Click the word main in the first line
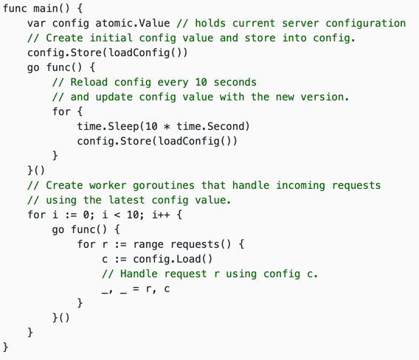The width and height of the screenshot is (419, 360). pyautogui.click(x=46, y=9)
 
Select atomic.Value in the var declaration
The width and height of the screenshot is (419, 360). pyautogui.click(x=133, y=24)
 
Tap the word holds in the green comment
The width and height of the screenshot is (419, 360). pyautogui.click(x=210, y=24)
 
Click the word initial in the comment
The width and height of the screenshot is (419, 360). pyautogui.click(x=111, y=38)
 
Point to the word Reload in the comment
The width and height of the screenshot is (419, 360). pyautogui.click(x=89, y=82)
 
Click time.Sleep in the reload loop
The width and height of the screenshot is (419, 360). pyautogui.click(x=108, y=126)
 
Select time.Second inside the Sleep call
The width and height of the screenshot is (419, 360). pyautogui.click(x=210, y=126)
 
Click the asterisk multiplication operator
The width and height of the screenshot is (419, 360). pyautogui.click(x=167, y=126)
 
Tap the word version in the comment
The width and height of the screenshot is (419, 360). pyautogui.click(x=322, y=97)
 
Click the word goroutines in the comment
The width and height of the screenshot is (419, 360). pyautogui.click(x=164, y=185)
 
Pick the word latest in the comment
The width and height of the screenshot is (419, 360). pyautogui.click(x=127, y=200)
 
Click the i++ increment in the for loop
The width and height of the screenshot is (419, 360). pyautogui.click(x=161, y=215)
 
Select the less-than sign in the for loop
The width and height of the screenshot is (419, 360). pyautogui.click(x=117, y=215)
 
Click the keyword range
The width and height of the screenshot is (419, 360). pyautogui.click(x=148, y=244)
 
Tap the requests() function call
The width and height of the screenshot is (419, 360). pyautogui.click(x=201, y=244)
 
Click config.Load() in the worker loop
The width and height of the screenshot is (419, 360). pyautogui.click(x=173, y=259)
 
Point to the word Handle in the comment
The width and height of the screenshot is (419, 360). pyautogui.click(x=139, y=274)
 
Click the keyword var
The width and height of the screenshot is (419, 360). pyautogui.click(x=36, y=24)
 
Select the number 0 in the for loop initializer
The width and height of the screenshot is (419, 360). pyautogui.click(x=86, y=215)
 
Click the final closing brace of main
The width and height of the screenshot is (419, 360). pyautogui.click(x=6, y=347)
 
